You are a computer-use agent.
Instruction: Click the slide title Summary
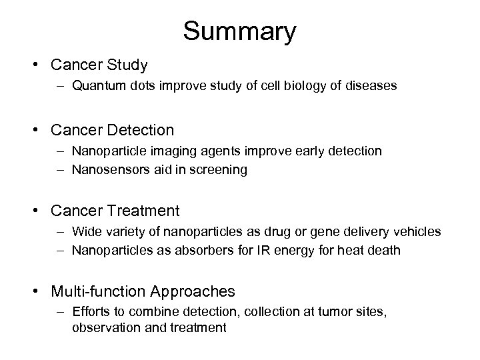(x=240, y=31)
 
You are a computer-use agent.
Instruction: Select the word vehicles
(x=417, y=231)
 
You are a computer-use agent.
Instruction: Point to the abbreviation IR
(x=293, y=250)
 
